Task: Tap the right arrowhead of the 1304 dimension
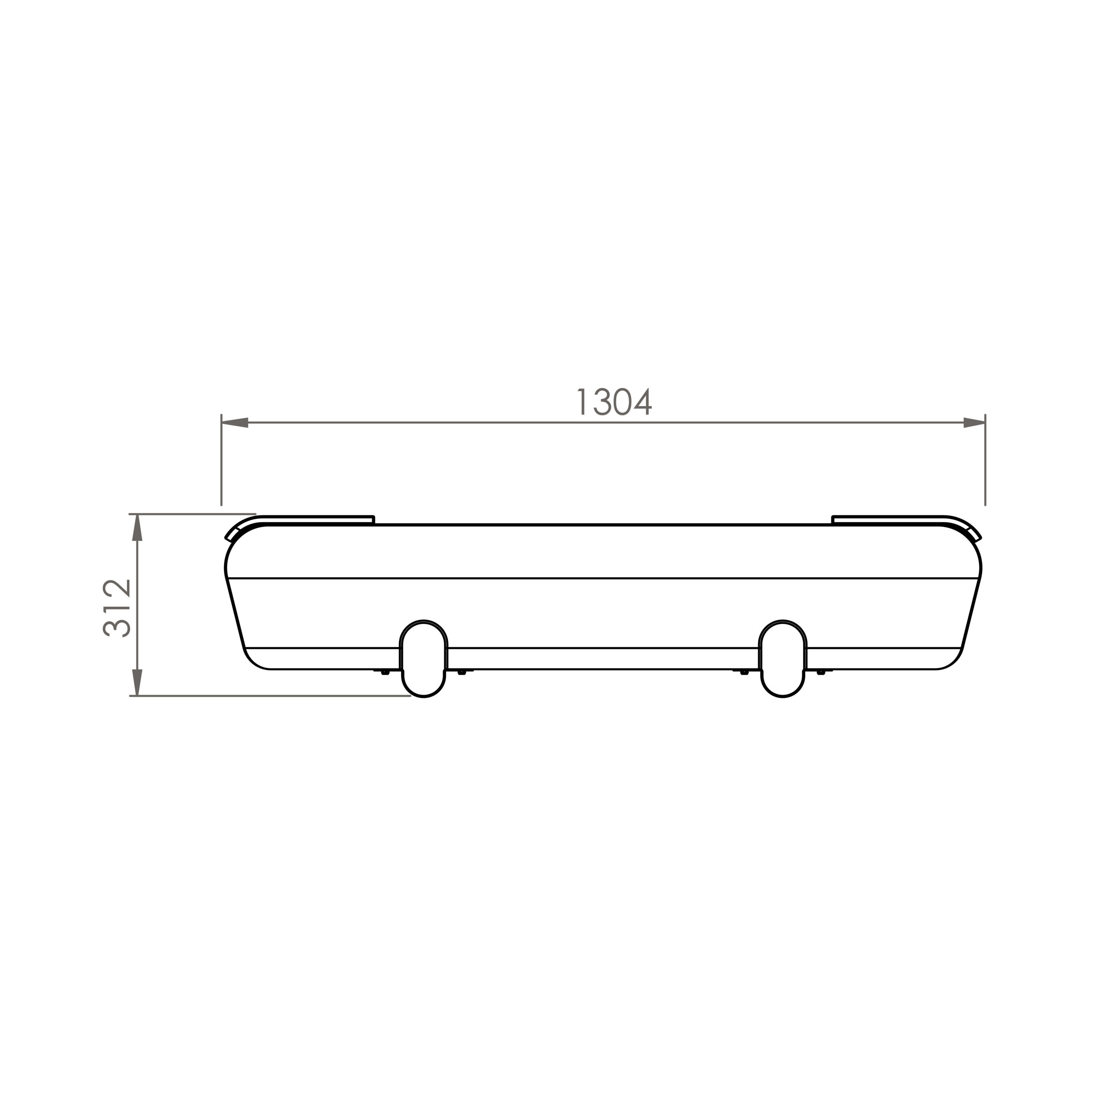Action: (974, 423)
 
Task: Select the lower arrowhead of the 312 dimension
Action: (137, 682)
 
